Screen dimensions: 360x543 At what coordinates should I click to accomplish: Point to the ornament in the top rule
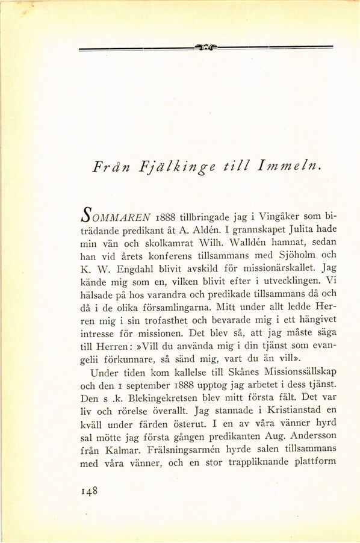point(206,46)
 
